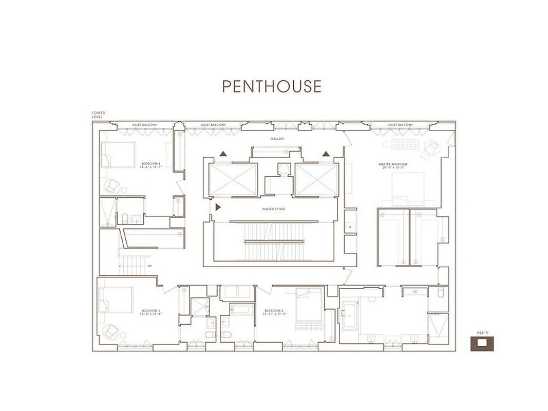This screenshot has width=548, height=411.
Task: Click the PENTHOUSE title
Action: (x=272, y=86)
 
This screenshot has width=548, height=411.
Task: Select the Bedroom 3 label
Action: (x=151, y=312)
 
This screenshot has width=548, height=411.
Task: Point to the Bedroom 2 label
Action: (x=274, y=312)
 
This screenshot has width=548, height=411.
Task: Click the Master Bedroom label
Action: (x=393, y=165)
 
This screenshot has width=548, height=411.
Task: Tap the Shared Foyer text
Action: (x=273, y=209)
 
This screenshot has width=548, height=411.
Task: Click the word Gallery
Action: (x=277, y=139)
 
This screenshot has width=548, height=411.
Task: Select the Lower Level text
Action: (x=98, y=115)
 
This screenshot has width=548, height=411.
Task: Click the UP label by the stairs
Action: (x=149, y=266)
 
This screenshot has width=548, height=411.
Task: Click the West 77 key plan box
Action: (x=482, y=343)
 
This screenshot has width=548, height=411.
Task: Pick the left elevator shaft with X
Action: (x=233, y=179)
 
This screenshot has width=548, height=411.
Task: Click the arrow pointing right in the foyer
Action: (x=218, y=207)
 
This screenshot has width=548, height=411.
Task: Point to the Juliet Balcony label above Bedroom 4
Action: (x=144, y=125)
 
